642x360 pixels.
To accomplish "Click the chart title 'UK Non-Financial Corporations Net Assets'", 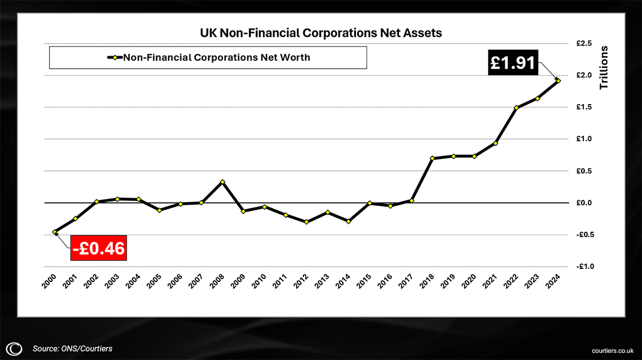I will tap(320, 34).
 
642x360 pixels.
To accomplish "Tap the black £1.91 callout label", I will tap(513, 62).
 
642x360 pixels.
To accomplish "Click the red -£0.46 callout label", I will tap(99, 248).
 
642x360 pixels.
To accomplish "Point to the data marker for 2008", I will tap(222, 182).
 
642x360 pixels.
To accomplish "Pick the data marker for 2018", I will tap(432, 158).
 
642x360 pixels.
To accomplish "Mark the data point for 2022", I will tap(516, 108).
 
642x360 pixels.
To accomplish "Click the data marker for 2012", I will tap(306, 222).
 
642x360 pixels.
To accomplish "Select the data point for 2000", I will tap(54, 232).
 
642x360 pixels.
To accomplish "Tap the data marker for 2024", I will tap(558, 80).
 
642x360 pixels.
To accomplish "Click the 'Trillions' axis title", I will tap(604, 67).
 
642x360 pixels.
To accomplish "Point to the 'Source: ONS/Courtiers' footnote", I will tap(72, 349).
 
